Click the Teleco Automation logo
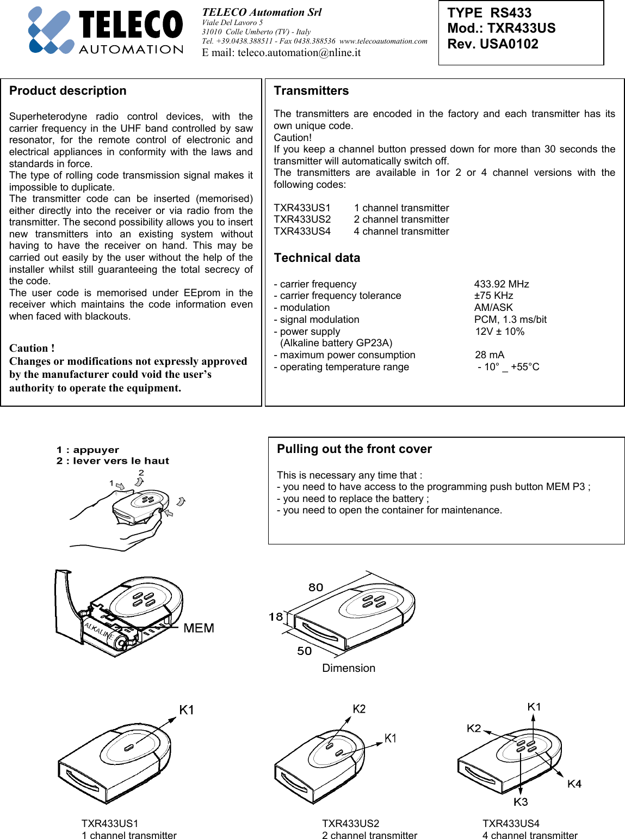click(106, 31)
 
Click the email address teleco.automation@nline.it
click(281, 53)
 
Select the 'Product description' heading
click(68, 91)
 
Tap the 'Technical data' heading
click(317, 258)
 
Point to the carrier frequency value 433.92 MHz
click(501, 284)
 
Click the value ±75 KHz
click(493, 296)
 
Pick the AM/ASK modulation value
click(493, 308)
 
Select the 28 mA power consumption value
click(490, 355)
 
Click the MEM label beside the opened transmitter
click(199, 628)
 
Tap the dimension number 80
click(315, 587)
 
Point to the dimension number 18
click(276, 617)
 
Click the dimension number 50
click(304, 651)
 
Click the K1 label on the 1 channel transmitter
click(187, 710)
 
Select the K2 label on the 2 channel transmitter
click(359, 709)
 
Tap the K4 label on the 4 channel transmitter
click(574, 784)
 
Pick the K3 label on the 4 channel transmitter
click(521, 802)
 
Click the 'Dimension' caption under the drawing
click(349, 668)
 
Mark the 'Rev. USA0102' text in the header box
click(493, 44)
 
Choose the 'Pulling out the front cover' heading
click(354, 449)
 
